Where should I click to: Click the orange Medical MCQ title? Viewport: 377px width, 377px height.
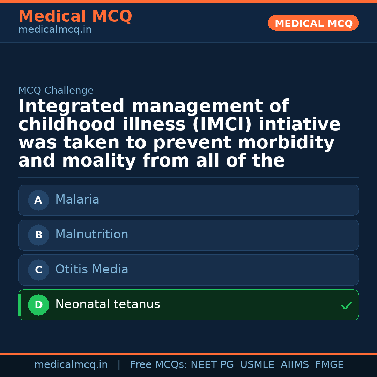tap(75, 16)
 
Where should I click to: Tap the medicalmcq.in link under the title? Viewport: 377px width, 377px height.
tap(55, 30)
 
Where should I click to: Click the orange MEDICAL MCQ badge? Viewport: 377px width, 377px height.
tap(313, 23)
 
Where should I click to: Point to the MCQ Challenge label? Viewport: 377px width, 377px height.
tap(56, 91)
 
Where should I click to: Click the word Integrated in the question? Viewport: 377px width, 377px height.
tap(71, 106)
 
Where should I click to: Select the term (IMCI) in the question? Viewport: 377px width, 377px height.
tap(222, 125)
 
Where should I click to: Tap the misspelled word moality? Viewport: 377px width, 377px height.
tap(99, 161)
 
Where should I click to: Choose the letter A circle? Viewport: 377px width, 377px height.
tap(38, 200)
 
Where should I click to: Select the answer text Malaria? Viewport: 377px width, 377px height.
tap(77, 200)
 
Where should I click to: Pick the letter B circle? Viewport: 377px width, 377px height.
tap(38, 235)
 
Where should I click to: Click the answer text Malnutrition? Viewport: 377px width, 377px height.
tap(91, 235)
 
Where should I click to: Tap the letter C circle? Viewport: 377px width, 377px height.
tap(38, 270)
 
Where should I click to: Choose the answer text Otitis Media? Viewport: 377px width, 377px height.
tap(91, 269)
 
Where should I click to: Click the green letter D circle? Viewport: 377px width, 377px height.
tap(38, 305)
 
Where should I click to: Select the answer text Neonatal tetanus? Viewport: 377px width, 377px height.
tap(108, 304)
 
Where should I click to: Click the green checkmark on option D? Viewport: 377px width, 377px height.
tap(346, 306)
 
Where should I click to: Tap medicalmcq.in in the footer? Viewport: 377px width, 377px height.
tap(71, 365)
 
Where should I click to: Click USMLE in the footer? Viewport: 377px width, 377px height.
tap(257, 365)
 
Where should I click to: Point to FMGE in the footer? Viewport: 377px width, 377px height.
tap(329, 365)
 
